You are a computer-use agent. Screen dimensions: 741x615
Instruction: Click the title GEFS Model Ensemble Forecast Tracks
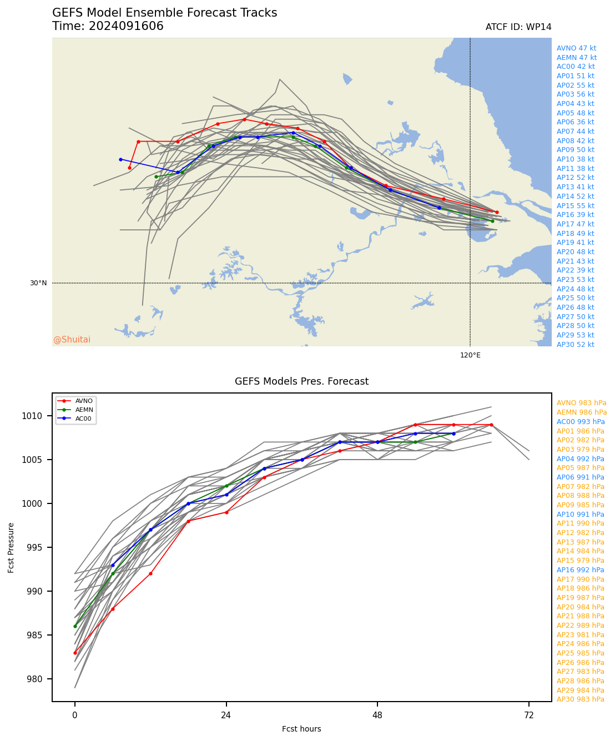click(164, 13)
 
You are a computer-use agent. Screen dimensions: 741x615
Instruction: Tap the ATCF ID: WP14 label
click(518, 27)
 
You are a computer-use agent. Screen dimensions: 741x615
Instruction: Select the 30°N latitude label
click(38, 283)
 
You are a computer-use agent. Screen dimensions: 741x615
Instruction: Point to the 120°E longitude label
click(470, 355)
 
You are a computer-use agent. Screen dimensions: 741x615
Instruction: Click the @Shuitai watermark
click(72, 340)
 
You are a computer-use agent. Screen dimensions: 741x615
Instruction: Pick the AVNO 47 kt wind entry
click(576, 48)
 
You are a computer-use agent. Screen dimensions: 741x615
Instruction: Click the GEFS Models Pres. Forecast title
click(301, 381)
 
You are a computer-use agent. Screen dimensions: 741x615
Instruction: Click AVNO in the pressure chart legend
click(84, 401)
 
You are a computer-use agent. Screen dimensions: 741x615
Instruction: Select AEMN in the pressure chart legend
click(84, 410)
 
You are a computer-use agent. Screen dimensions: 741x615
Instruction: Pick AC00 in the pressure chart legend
click(84, 419)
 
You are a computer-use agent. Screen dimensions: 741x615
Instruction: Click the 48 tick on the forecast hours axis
click(377, 715)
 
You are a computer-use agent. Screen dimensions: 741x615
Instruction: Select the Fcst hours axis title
click(301, 729)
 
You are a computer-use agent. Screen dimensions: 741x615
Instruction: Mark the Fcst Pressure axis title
click(12, 547)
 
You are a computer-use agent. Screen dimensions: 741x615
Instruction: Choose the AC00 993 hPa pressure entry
click(581, 422)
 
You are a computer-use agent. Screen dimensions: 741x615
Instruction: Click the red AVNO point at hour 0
click(75, 653)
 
